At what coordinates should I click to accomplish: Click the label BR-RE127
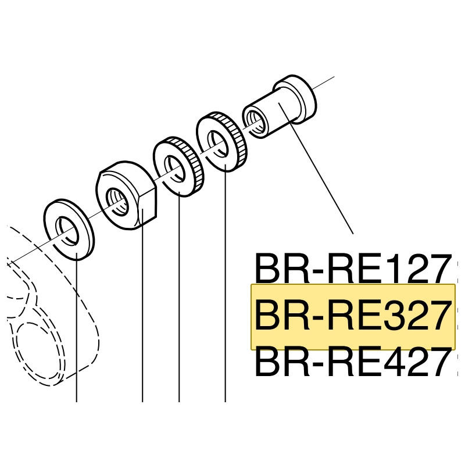pos(352,269)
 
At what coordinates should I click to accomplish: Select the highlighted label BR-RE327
pos(352,316)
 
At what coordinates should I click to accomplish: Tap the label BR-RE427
pos(352,363)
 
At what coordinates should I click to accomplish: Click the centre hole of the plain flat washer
pos(65,228)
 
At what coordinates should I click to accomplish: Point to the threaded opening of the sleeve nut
pos(254,119)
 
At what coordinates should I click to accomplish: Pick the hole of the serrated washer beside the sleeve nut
pos(218,143)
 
